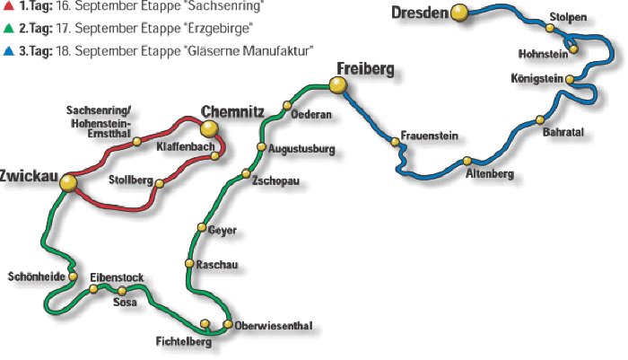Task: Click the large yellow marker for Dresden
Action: tap(459, 13)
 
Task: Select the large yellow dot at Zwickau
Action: tap(69, 183)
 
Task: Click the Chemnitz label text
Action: tap(232, 111)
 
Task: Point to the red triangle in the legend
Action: tap(8, 7)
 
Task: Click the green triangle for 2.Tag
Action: tap(8, 29)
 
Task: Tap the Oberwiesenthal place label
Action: tap(273, 326)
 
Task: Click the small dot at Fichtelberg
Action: tap(205, 323)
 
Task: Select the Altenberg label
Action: tap(490, 174)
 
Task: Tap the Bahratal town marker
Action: tap(540, 119)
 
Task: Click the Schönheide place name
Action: tap(36, 277)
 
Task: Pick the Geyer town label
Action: tap(222, 230)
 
